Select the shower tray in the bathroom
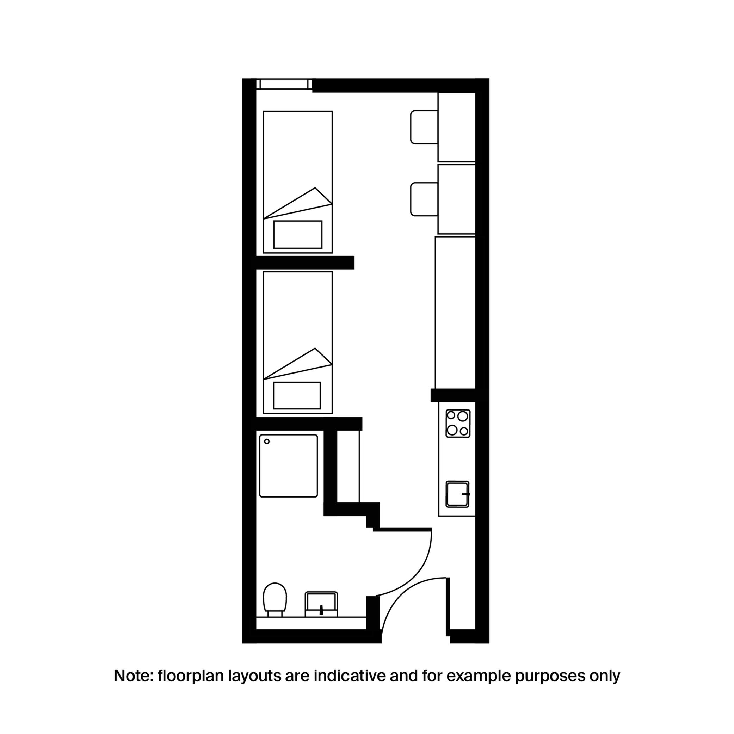pos(288,466)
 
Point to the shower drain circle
pos(267,442)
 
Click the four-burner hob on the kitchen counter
pos(458,423)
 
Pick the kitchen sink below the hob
pos(457,494)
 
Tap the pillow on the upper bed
pos(298,235)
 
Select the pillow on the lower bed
pos(297,395)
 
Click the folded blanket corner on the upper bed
pos(304,203)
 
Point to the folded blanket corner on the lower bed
pos(304,364)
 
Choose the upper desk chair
pos(424,127)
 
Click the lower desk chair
pos(424,199)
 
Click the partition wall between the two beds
pos(305,263)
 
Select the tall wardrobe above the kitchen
pos(455,312)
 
